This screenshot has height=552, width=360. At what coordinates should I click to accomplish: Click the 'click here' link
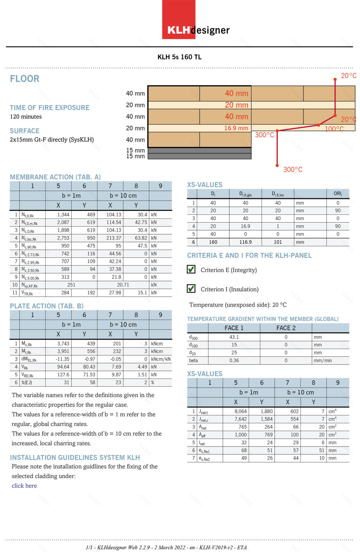click(x=24, y=486)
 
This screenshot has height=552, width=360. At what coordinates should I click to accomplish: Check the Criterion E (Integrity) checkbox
click(x=191, y=270)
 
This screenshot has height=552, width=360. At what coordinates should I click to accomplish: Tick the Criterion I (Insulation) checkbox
click(x=191, y=289)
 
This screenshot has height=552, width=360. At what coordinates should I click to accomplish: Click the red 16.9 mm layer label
click(x=236, y=128)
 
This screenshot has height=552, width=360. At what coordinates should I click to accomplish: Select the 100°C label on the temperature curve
click(x=334, y=129)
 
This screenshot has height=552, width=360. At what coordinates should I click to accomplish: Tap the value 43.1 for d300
click(x=234, y=337)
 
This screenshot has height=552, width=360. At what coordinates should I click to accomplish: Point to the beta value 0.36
click(x=234, y=360)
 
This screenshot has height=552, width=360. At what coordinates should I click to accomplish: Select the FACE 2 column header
click(x=286, y=328)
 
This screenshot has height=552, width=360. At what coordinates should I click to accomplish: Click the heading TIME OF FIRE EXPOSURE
click(x=49, y=108)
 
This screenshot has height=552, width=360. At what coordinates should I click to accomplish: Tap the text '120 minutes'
click(x=26, y=117)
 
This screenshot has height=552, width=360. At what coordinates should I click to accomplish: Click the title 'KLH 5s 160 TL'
click(x=180, y=57)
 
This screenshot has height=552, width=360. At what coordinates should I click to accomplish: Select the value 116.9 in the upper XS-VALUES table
click(x=245, y=242)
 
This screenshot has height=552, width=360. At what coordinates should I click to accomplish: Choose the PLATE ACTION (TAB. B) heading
click(x=47, y=306)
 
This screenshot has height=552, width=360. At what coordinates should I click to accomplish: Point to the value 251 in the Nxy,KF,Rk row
click(x=72, y=285)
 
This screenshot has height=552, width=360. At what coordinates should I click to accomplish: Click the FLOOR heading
click(x=25, y=79)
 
